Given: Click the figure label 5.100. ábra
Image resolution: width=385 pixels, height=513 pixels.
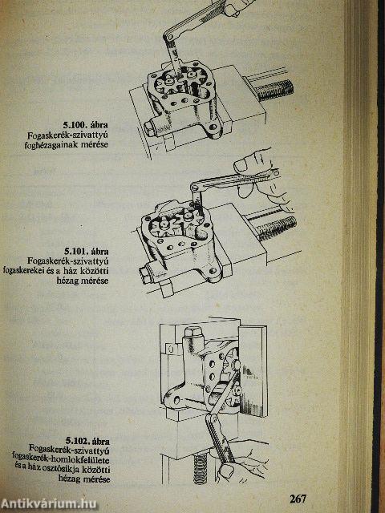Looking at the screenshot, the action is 86,125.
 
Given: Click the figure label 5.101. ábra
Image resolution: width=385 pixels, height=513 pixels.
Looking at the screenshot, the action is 86,251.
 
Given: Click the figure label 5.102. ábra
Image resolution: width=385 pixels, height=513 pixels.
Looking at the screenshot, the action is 87,440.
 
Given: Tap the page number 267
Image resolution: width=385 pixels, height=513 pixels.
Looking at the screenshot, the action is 298,499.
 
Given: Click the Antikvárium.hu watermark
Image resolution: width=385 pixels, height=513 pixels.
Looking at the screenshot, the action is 48,504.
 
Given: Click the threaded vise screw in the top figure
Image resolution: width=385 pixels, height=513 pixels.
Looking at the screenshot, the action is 274,90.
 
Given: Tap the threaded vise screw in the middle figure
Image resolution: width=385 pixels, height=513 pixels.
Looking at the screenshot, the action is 278,228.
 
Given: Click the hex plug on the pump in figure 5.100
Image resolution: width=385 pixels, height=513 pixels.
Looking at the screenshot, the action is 151,128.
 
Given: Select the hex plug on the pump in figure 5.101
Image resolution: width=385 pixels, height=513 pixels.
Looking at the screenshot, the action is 144,271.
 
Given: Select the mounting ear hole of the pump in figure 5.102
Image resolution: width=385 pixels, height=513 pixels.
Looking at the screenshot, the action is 177,400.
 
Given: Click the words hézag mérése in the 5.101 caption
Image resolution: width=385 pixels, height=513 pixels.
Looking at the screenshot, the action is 83,281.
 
